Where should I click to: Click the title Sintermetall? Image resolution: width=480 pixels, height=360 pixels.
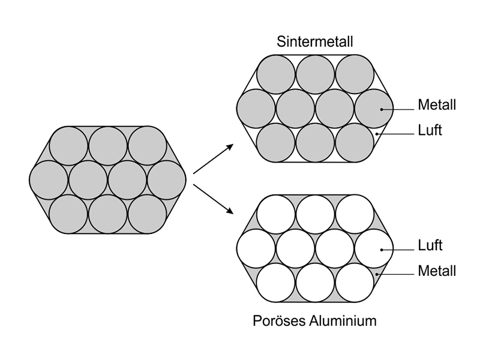314,41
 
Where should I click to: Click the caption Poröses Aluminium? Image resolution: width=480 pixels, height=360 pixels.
314,320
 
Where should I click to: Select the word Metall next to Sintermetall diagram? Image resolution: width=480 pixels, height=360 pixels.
437,106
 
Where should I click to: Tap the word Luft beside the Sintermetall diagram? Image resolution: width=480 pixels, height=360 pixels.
429,130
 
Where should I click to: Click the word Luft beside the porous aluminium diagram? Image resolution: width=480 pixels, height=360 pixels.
429,245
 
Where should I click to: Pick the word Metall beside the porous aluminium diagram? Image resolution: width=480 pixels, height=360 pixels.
437,270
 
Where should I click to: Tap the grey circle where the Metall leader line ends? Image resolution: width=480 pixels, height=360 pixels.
374,109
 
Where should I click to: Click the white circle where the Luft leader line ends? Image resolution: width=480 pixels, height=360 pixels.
374,248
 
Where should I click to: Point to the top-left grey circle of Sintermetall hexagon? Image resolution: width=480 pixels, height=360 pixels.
276,74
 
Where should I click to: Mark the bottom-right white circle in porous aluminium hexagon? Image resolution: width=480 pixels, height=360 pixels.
355,283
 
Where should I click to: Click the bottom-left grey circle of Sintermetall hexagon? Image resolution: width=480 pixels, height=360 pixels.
276,143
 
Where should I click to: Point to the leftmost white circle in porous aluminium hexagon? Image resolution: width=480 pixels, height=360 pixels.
256,248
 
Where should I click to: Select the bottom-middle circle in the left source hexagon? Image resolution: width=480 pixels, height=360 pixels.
108,214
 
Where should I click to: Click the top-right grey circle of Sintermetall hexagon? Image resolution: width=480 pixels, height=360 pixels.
355,74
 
